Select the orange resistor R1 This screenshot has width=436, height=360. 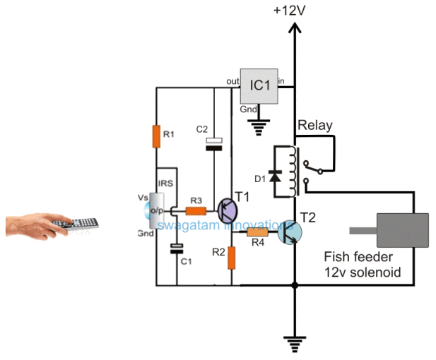(157, 136)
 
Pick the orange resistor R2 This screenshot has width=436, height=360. (232, 258)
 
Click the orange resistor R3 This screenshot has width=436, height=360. (196, 210)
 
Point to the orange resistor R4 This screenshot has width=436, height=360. (257, 232)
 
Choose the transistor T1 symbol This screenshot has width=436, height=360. (228, 210)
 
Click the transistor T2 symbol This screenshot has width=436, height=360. (288, 231)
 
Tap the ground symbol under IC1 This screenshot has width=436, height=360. (260, 128)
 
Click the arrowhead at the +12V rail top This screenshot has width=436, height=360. (295, 29)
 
